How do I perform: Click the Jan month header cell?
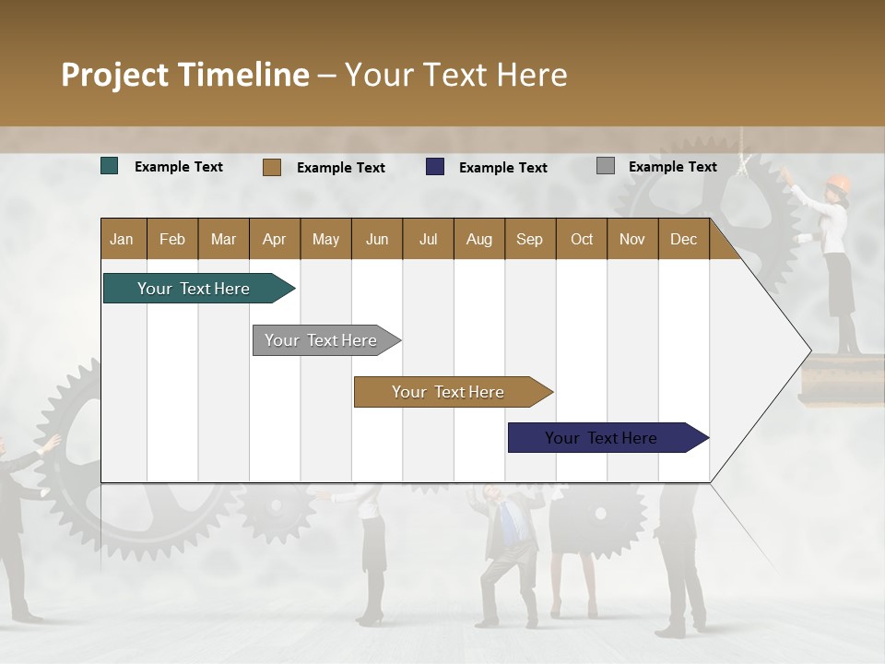[x=123, y=239]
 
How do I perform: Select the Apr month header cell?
[x=275, y=239]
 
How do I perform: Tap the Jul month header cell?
[x=428, y=239]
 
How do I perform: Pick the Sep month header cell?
[x=530, y=239]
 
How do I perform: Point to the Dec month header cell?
[x=683, y=239]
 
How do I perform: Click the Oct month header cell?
[x=582, y=239]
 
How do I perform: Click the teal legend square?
[x=110, y=166]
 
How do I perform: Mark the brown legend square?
[x=272, y=167]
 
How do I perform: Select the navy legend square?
[x=435, y=167]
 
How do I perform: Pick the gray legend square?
[x=606, y=166]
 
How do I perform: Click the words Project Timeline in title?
[x=185, y=75]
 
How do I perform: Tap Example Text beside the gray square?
[x=672, y=167]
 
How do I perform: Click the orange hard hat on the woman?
[x=837, y=182]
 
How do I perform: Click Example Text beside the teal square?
[x=179, y=167]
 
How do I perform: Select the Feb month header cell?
[x=172, y=239]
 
